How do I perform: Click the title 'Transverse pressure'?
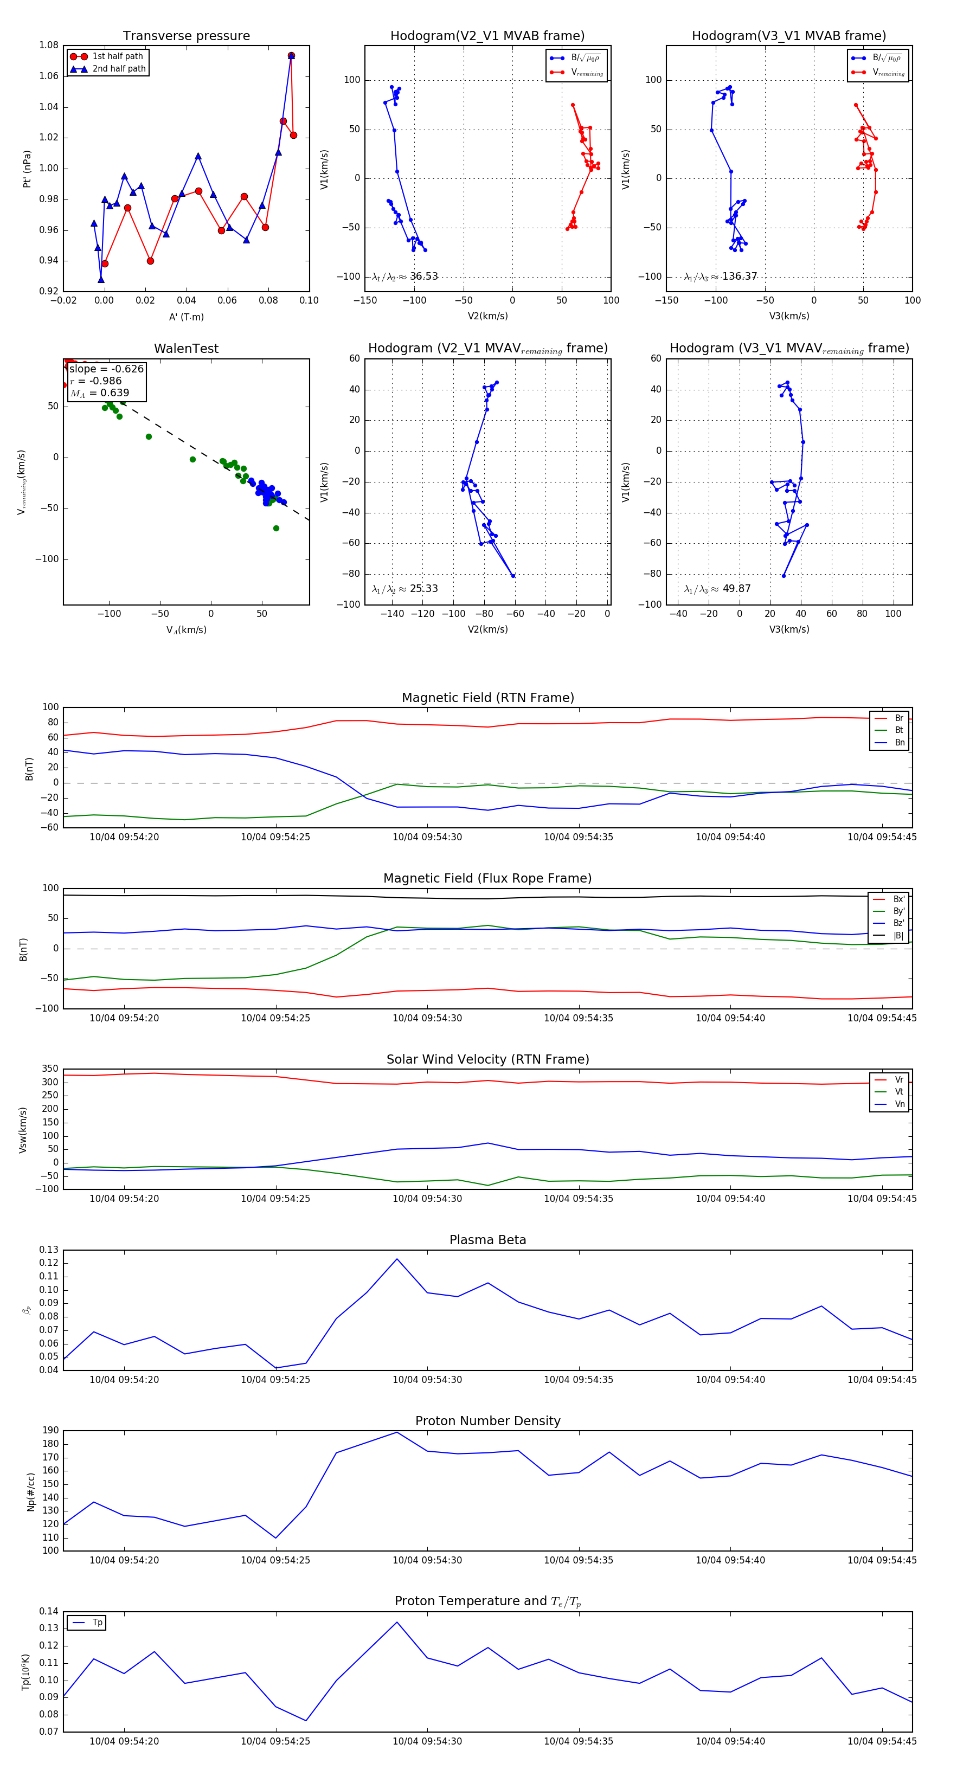tap(186, 36)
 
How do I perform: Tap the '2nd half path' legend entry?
tap(119, 69)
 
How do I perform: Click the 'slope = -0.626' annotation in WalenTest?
tap(106, 369)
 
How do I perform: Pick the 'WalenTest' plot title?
tap(186, 349)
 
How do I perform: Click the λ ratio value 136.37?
tap(739, 276)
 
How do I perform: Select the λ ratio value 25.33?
tap(423, 589)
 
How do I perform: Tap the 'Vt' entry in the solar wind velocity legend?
tap(899, 1092)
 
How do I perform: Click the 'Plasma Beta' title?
tap(487, 1240)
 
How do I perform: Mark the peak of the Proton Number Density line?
tap(397, 1432)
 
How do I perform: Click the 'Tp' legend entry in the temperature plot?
tap(97, 1623)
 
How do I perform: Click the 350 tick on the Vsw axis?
tap(50, 1069)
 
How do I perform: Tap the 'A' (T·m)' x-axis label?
tap(186, 317)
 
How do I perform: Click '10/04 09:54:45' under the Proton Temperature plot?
tap(882, 1741)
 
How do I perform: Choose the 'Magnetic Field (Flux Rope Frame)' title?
tap(487, 879)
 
